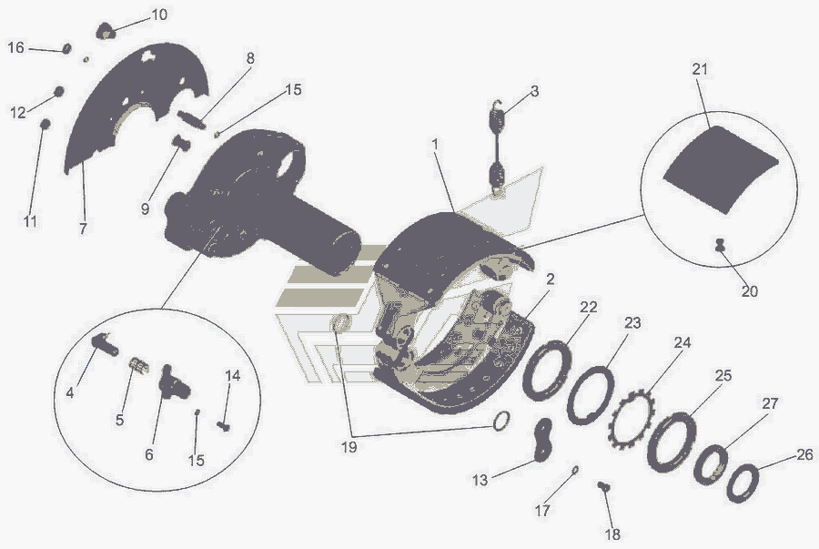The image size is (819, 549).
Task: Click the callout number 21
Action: (x=700, y=69)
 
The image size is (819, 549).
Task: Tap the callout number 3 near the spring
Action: (x=534, y=91)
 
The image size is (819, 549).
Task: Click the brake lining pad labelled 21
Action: (x=722, y=168)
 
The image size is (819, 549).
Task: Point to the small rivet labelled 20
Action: (x=721, y=245)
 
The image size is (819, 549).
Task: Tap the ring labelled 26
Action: (x=743, y=483)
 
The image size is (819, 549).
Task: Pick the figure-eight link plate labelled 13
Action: (x=542, y=441)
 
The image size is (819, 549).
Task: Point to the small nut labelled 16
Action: (x=66, y=48)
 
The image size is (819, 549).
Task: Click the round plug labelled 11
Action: (x=45, y=125)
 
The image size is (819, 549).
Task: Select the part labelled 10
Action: (x=105, y=31)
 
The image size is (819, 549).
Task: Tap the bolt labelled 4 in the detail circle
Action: (x=105, y=345)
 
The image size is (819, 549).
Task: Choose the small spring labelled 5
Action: (x=139, y=365)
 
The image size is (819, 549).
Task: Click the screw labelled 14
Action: (x=224, y=426)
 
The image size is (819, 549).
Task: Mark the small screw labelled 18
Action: (x=604, y=486)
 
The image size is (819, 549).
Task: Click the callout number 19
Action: (x=349, y=447)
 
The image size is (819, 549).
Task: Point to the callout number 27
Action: (x=770, y=404)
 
